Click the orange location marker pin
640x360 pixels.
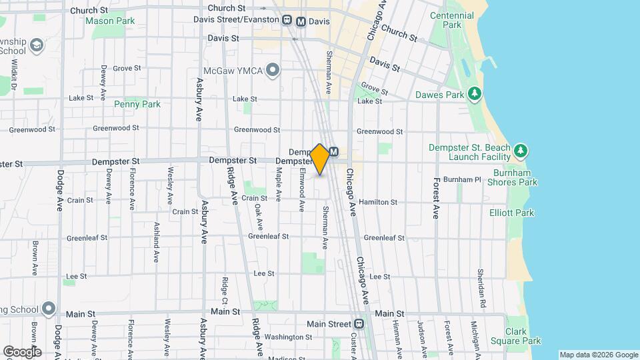coord(320,159)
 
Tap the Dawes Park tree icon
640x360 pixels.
coord(475,94)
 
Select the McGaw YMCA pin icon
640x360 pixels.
coord(272,69)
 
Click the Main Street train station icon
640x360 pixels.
coord(359,324)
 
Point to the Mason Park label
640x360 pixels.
coord(111,21)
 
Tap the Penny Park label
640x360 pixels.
coord(137,104)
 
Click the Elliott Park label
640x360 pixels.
coord(530,213)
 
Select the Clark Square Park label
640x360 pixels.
coord(523,336)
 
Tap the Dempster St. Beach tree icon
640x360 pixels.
coord(521,151)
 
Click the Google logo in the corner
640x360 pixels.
coord(22,351)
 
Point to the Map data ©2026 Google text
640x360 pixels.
coord(598,355)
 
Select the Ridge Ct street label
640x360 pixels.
coord(225,291)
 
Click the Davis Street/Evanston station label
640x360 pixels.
coord(235,19)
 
